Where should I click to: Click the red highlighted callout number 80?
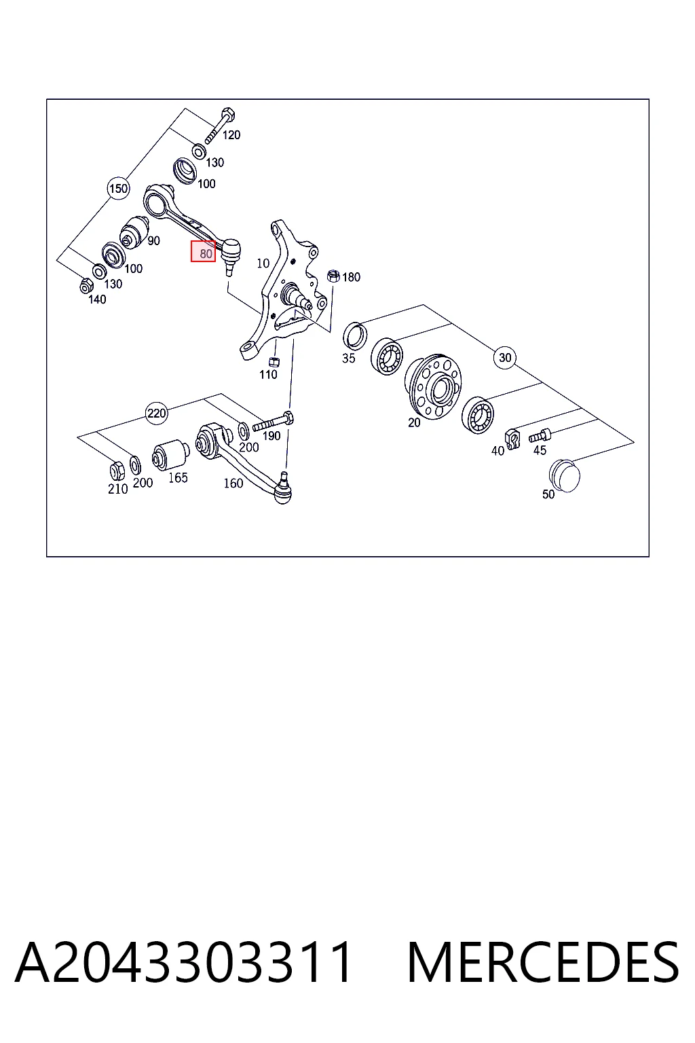[x=203, y=251]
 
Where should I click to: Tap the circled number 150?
[x=118, y=189]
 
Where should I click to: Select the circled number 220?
[x=156, y=413]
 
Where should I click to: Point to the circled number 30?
[x=505, y=358]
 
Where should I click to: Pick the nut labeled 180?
[x=333, y=276]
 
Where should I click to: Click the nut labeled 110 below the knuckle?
[x=274, y=361]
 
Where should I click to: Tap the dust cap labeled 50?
[x=564, y=475]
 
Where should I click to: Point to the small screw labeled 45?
[x=540, y=437]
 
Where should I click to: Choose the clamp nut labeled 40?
[x=512, y=439]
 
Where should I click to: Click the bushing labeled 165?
[x=170, y=455]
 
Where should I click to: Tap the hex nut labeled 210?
[x=117, y=471]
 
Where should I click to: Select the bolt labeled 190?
[x=273, y=423]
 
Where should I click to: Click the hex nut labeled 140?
[x=86, y=285]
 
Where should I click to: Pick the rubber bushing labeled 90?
[x=134, y=230]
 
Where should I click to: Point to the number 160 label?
[x=233, y=483]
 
